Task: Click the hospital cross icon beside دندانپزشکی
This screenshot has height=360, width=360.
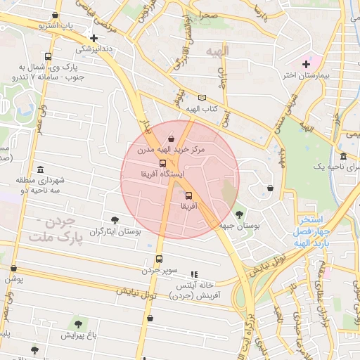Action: (94, 38)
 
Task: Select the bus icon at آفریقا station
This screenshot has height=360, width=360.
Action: (188, 195)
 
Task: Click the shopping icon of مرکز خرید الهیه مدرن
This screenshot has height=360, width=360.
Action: (173, 139)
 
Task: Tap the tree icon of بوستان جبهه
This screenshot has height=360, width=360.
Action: (240, 214)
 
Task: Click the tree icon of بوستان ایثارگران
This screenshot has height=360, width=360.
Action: (115, 220)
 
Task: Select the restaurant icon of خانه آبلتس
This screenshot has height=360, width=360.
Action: (195, 274)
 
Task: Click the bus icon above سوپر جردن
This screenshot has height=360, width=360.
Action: (159, 259)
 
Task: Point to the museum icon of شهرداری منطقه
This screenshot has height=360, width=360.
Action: (40, 170)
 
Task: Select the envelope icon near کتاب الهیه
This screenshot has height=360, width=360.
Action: (202, 98)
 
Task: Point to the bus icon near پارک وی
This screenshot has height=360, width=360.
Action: (48, 57)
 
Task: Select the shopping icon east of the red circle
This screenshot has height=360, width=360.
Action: (271, 188)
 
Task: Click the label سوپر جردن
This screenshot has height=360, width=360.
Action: (160, 270)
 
